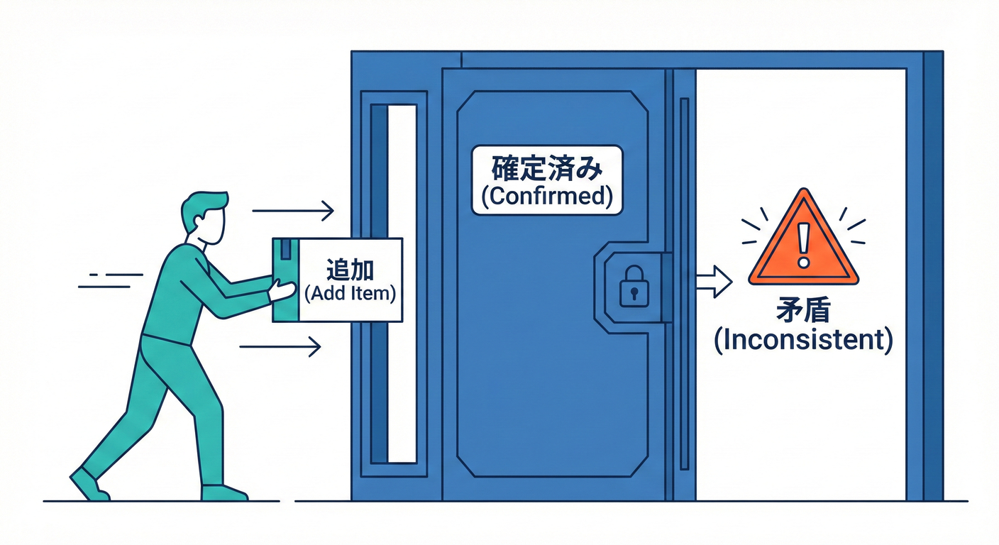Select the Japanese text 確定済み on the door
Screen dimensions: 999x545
(x=547, y=168)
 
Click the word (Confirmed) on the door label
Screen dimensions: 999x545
(x=547, y=197)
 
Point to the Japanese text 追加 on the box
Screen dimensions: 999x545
(x=350, y=269)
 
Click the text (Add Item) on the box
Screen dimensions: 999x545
(x=350, y=294)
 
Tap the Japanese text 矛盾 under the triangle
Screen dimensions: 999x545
(x=803, y=309)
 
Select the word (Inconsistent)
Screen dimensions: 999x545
(x=803, y=340)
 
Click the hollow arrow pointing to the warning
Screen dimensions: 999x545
(x=714, y=282)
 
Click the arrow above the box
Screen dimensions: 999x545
(x=293, y=211)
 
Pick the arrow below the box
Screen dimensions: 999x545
(x=280, y=346)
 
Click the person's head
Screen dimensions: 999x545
(x=205, y=217)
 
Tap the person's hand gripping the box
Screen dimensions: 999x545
(x=282, y=290)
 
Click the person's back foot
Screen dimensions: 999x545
(x=89, y=485)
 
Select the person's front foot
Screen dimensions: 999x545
(x=224, y=492)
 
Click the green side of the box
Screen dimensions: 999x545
(x=286, y=280)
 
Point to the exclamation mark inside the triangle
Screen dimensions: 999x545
(x=803, y=245)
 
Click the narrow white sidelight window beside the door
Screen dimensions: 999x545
(x=402, y=284)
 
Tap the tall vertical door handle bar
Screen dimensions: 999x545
(x=685, y=284)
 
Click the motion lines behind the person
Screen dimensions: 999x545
(x=111, y=280)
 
